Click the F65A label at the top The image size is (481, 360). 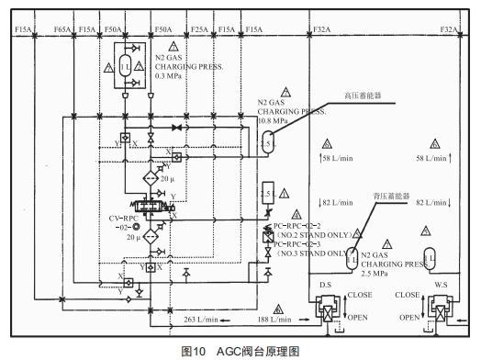pos(63,30)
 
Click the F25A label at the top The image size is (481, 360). pos(199,30)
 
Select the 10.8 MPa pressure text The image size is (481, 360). pos(271,120)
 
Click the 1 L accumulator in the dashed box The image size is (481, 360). pos(123,66)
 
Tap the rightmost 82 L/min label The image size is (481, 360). pos(436,200)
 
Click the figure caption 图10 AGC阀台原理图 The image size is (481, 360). pos(240,351)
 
